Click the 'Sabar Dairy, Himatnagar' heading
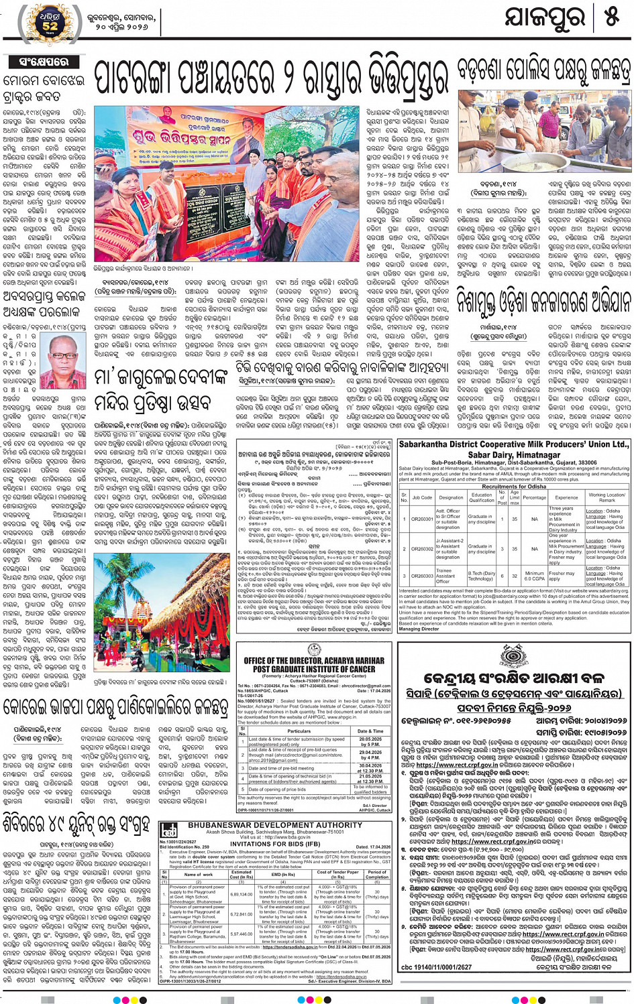pos(514,454)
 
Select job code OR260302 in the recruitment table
pos(422,548)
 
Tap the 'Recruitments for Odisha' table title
pos(514,486)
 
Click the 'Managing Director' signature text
pos(419,629)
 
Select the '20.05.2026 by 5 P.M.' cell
pos(370,741)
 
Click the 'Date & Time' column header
pos(370,731)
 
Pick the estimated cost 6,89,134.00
pos(242,894)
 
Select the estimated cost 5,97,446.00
pos(242,933)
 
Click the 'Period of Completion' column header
pos(377,875)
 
